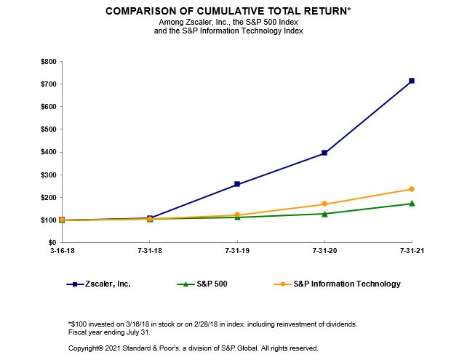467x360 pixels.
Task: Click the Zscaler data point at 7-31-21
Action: tap(412, 81)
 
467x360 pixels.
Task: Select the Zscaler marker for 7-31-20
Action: tap(324, 153)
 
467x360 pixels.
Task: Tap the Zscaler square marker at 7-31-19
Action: tap(237, 184)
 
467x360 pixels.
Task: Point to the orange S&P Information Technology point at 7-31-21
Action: tap(412, 189)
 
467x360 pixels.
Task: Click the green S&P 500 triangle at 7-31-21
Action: tap(412, 203)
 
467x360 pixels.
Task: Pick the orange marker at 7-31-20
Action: tap(324, 204)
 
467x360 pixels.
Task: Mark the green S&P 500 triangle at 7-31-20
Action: tap(324, 213)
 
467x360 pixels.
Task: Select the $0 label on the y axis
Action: tap(52, 242)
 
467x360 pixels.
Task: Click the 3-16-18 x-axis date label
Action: tap(63, 252)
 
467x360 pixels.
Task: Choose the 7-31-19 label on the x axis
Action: tap(237, 252)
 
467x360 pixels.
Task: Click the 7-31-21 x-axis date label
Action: tap(412, 252)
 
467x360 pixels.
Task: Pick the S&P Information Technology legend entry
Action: tap(346, 284)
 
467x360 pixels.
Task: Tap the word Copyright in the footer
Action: tap(84, 348)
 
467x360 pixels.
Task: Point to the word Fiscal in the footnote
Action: tap(76, 332)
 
